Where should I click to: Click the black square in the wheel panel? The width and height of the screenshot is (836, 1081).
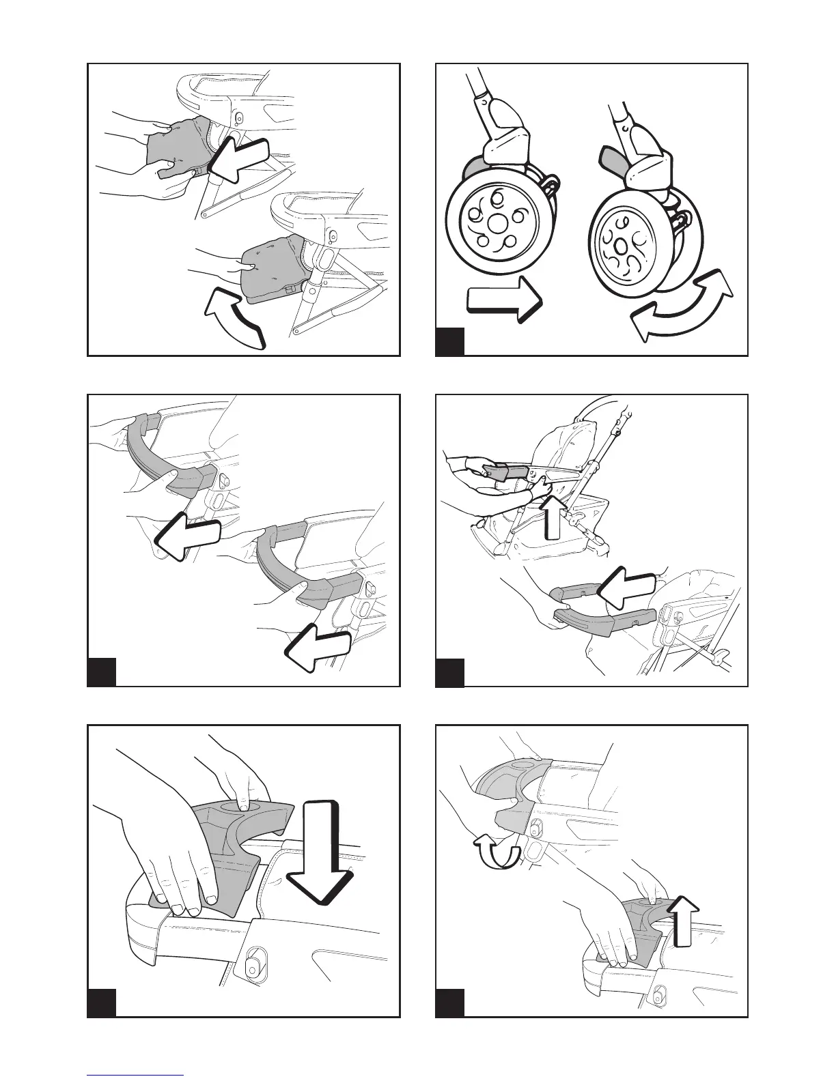pyautogui.click(x=450, y=341)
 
